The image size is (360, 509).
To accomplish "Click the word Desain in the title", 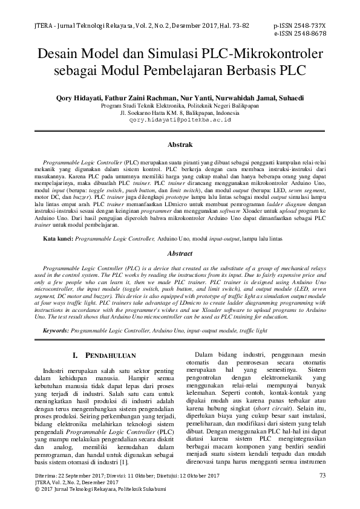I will [x=60, y=54].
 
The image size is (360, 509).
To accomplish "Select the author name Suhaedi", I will [x=290, y=97].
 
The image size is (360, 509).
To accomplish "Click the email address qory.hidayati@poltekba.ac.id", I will [x=180, y=119].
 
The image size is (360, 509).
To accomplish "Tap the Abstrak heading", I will [x=180, y=145].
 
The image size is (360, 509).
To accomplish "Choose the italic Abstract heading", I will [x=180, y=254].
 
